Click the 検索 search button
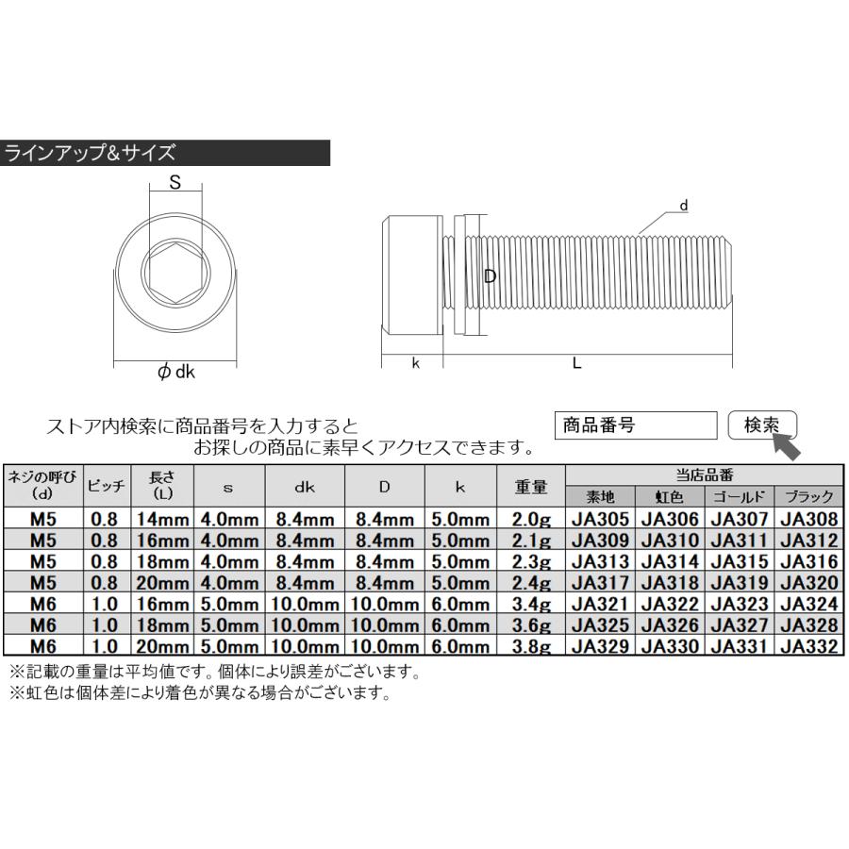point(763,425)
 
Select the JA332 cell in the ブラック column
point(808,646)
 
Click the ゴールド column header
point(741,496)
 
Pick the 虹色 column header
point(671,496)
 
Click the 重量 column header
point(530,487)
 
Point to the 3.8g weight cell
point(530,646)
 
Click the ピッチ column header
point(107,487)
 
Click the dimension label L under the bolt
point(576,363)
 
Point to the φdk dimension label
point(175,373)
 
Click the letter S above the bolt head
point(175,185)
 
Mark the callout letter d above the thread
point(684,206)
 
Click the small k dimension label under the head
point(415,363)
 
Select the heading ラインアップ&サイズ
point(91,153)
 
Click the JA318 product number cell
point(671,582)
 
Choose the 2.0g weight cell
point(530,518)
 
